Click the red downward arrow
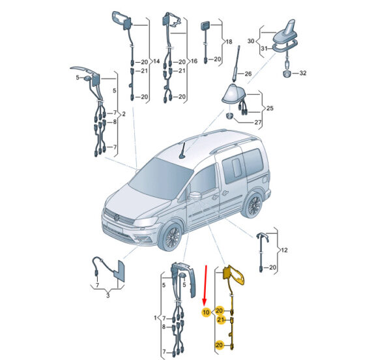205,286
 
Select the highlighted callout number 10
206,312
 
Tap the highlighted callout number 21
220,320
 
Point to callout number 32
303,73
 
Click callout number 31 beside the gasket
264,48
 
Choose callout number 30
251,40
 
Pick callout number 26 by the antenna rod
248,74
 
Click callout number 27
258,122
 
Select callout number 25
270,108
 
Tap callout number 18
229,42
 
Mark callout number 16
194,61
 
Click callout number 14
156,61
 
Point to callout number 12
284,250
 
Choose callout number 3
108,296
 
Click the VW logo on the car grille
117,218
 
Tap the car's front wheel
172,236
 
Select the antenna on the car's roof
182,150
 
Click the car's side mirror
195,196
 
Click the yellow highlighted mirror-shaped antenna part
235,276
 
